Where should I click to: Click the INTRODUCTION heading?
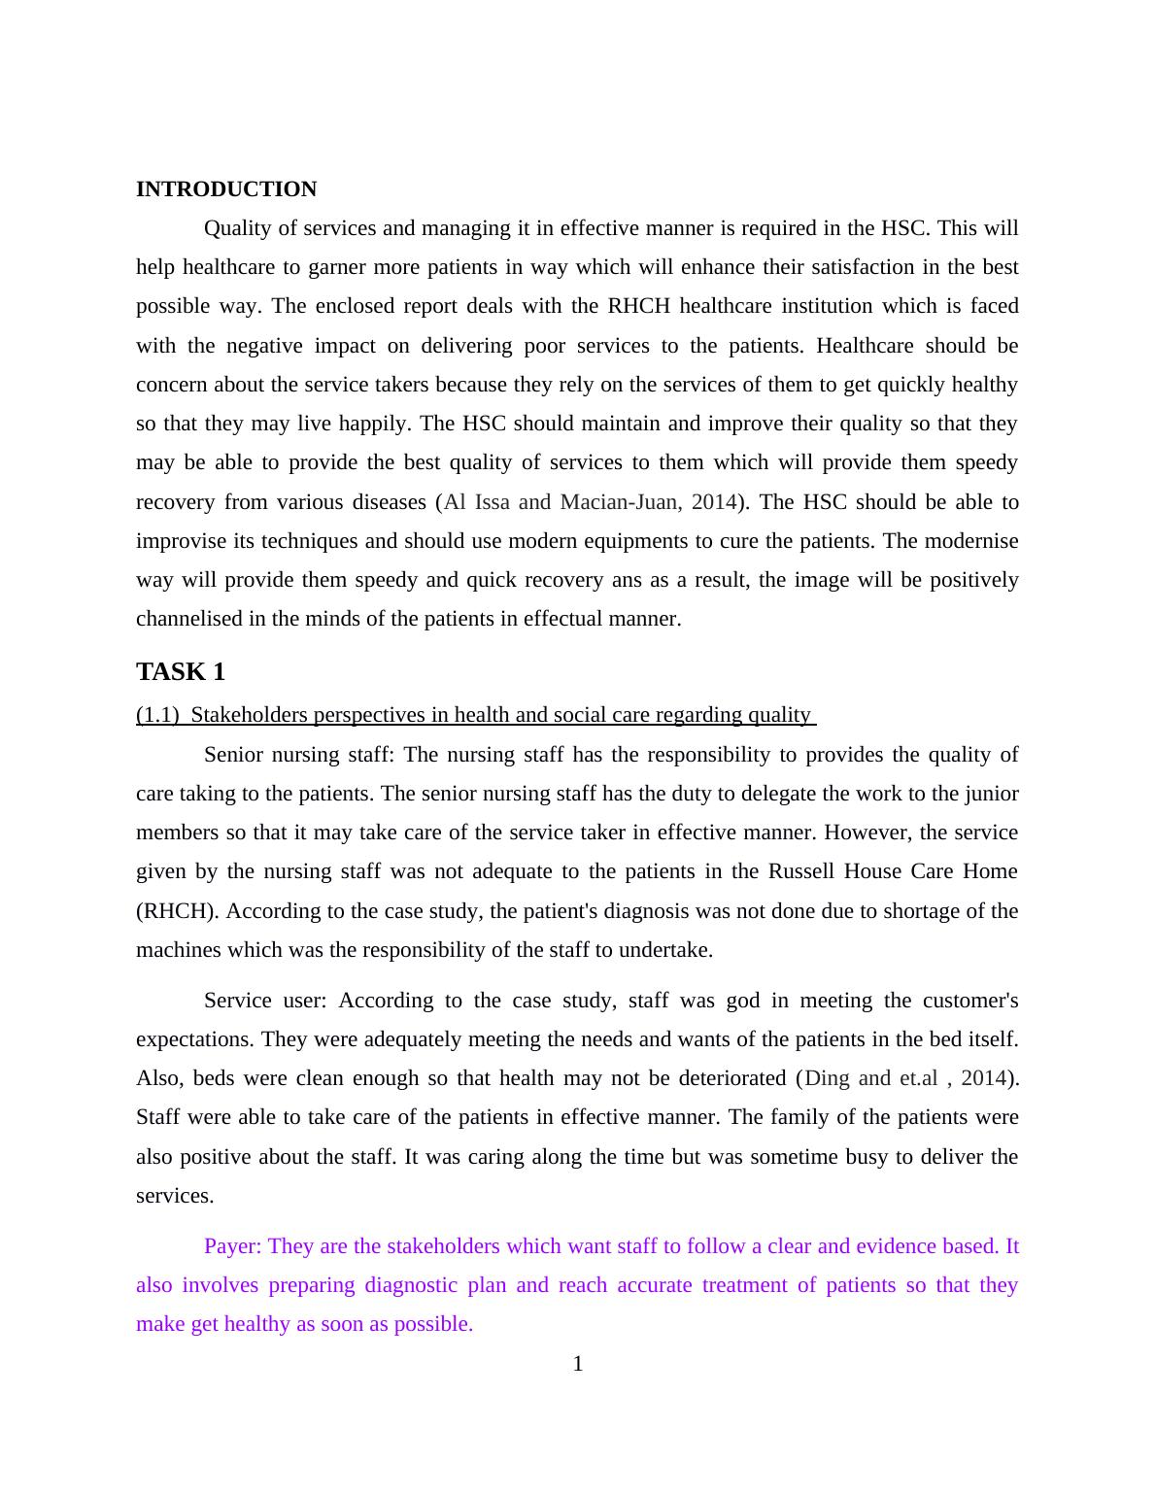[x=225, y=189]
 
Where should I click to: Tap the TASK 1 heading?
[x=181, y=671]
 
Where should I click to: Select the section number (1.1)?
[x=157, y=716]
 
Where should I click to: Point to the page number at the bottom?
[x=578, y=1364]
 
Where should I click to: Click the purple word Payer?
[x=232, y=1246]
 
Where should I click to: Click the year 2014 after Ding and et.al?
[x=983, y=1078]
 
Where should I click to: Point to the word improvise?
[x=181, y=541]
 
